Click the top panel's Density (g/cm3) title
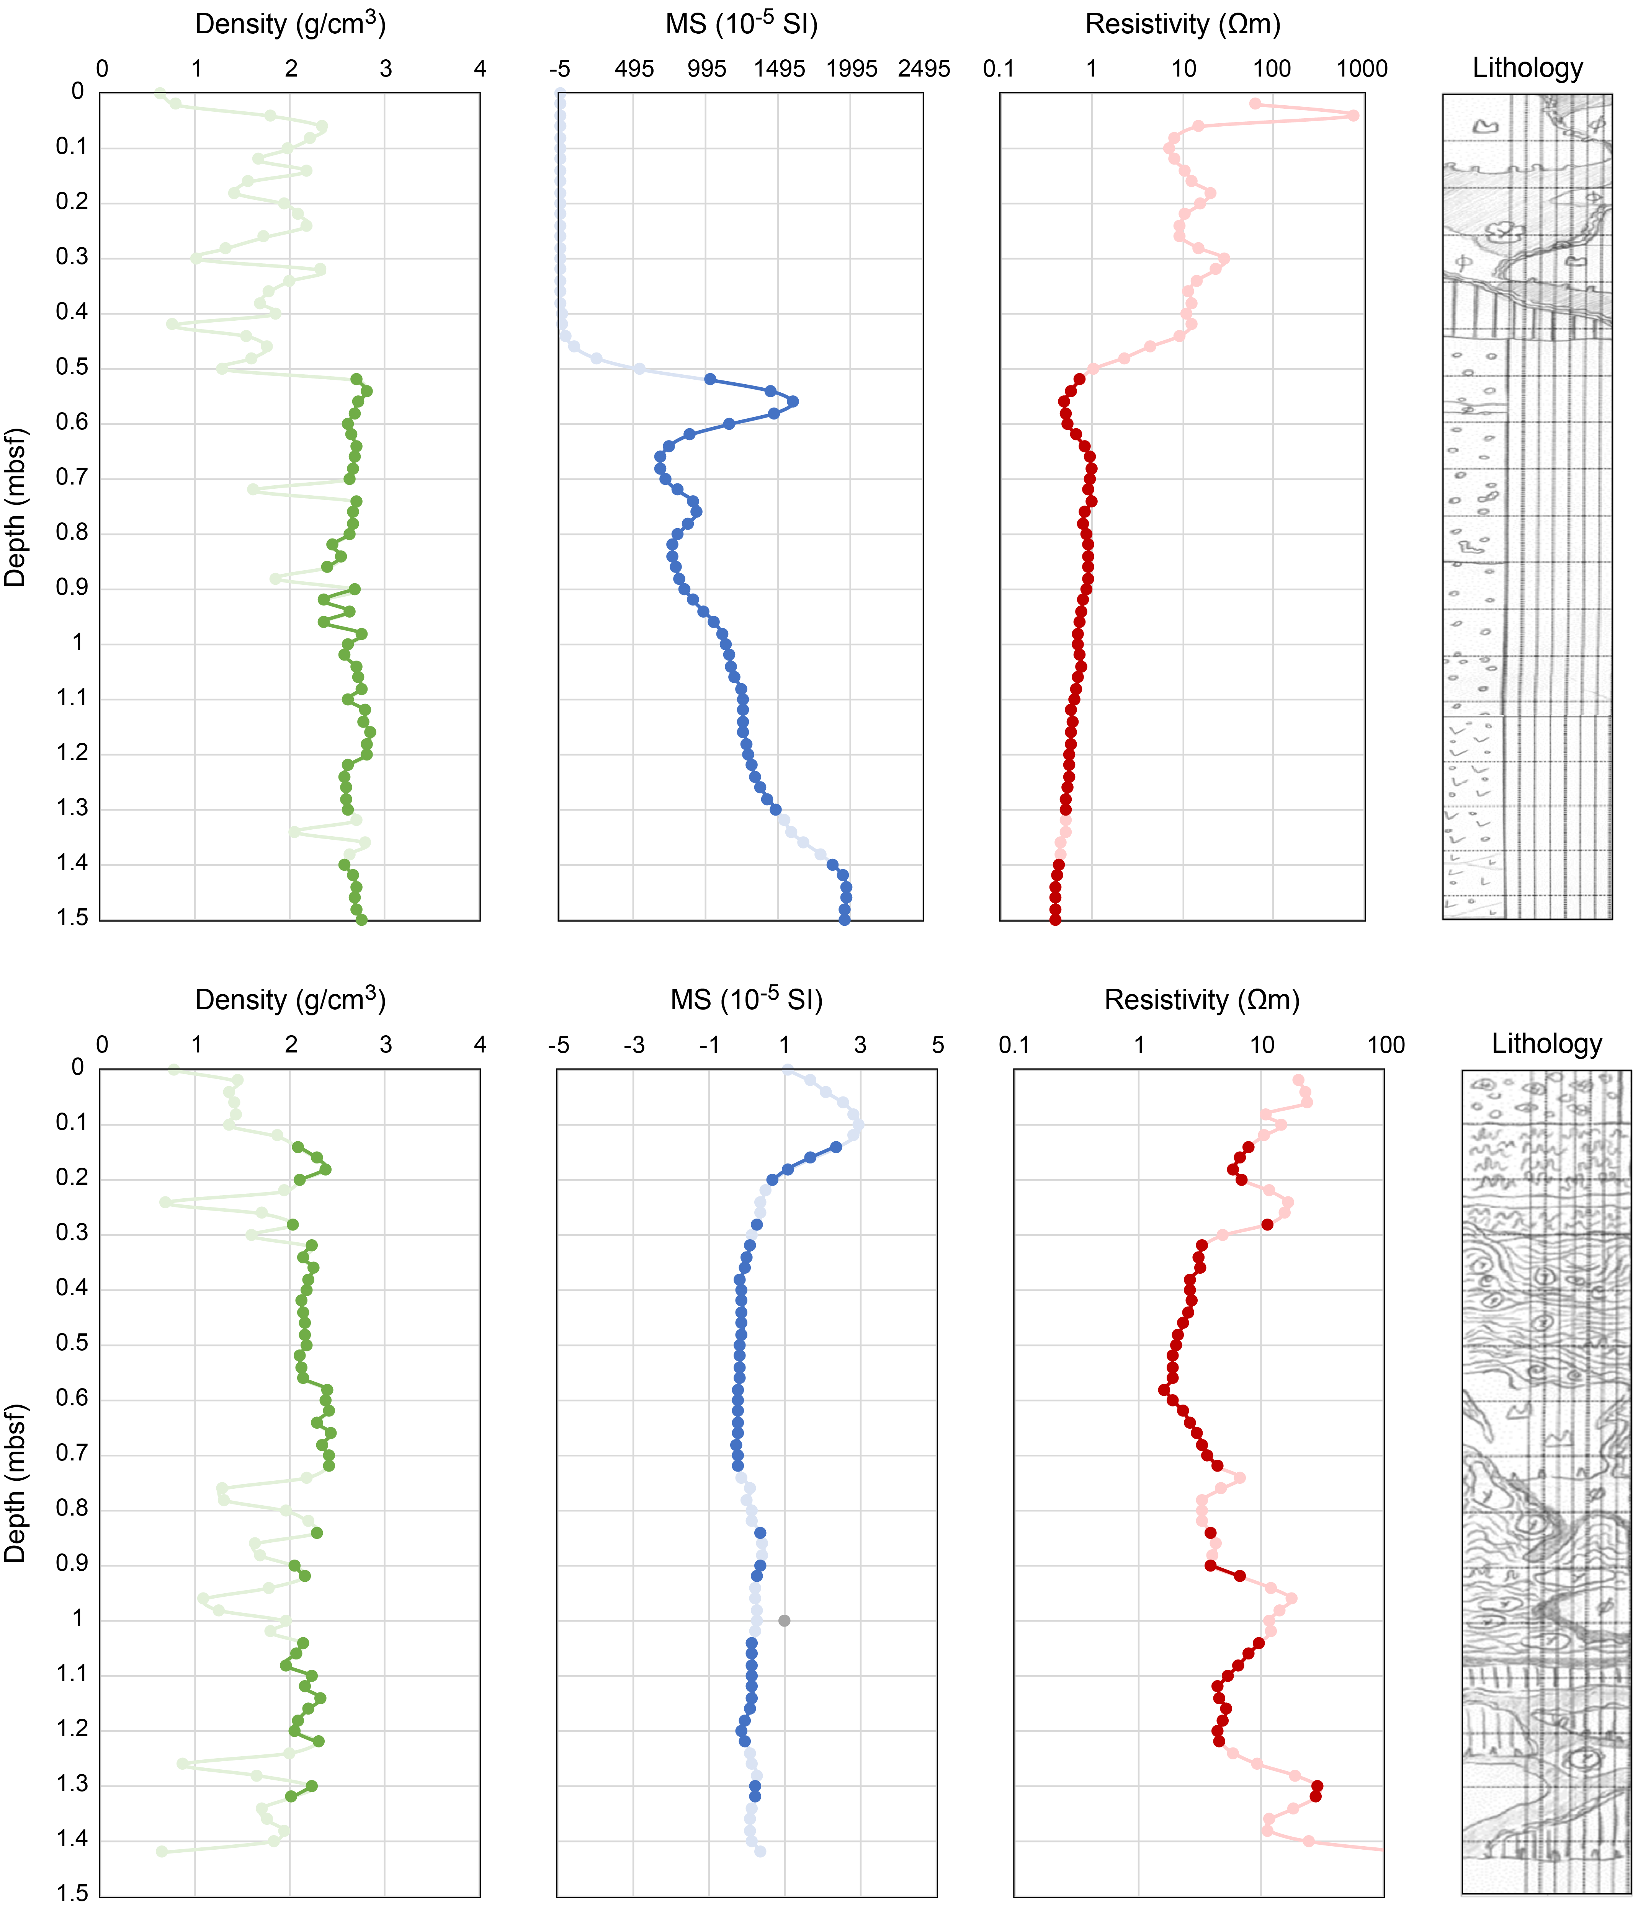[x=290, y=24]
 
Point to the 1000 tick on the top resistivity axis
[x=1362, y=69]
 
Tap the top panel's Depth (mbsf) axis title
[x=16, y=507]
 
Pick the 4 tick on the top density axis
[x=479, y=69]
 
